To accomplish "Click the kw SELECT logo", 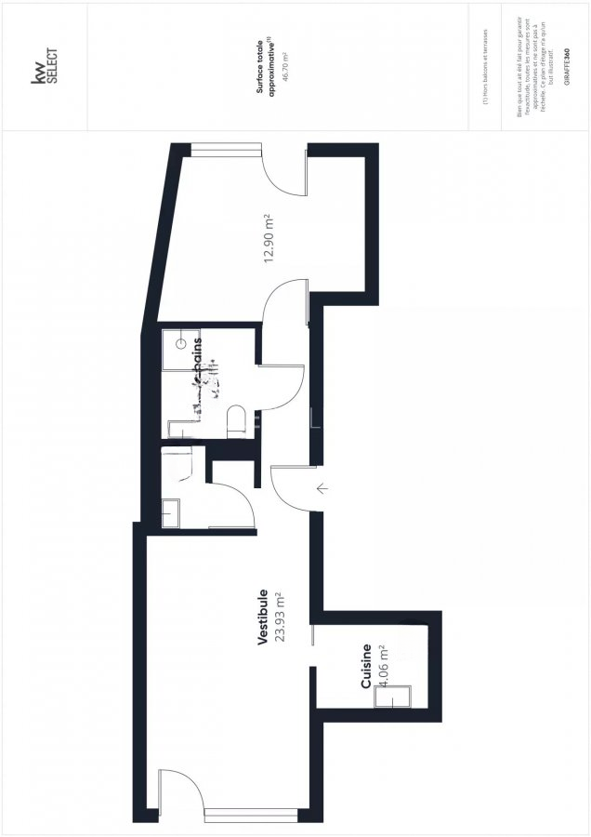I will click(x=46, y=67).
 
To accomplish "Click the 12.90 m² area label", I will click(x=269, y=238).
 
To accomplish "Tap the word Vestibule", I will click(x=263, y=617).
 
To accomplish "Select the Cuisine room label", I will click(x=366, y=667).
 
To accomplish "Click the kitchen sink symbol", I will click(x=391, y=695).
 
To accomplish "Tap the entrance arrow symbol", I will click(x=322, y=488).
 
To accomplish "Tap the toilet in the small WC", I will click(x=177, y=462).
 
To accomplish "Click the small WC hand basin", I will click(x=172, y=512).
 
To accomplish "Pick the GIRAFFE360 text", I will click(x=567, y=69).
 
